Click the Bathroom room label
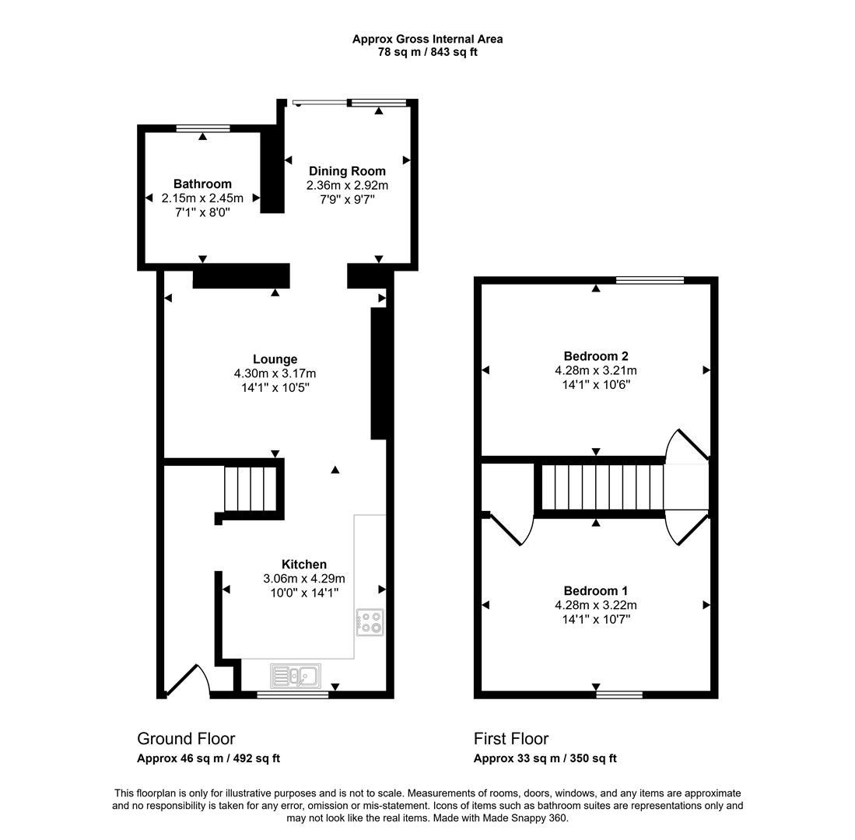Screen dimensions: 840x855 click(x=202, y=184)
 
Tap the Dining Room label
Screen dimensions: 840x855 click(x=347, y=171)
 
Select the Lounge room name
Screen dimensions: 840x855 click(x=275, y=359)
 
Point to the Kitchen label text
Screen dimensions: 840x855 click(x=303, y=565)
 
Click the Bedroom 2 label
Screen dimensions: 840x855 click(x=596, y=356)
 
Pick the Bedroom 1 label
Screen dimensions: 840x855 click(x=596, y=591)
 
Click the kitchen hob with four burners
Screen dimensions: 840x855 click(x=370, y=621)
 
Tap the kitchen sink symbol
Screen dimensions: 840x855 click(x=295, y=675)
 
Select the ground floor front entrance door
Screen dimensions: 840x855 click(x=187, y=679)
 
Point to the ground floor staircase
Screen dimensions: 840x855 click(x=251, y=488)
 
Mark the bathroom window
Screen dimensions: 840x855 click(x=202, y=128)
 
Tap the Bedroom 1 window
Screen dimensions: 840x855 click(x=619, y=694)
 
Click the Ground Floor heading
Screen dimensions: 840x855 click(x=186, y=739)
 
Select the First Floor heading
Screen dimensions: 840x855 click(x=511, y=739)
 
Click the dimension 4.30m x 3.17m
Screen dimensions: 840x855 click(x=275, y=373)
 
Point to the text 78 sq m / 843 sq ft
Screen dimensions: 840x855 click(x=427, y=52)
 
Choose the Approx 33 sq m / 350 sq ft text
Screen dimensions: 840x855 click(x=545, y=758)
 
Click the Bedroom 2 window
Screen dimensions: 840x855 click(x=650, y=280)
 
